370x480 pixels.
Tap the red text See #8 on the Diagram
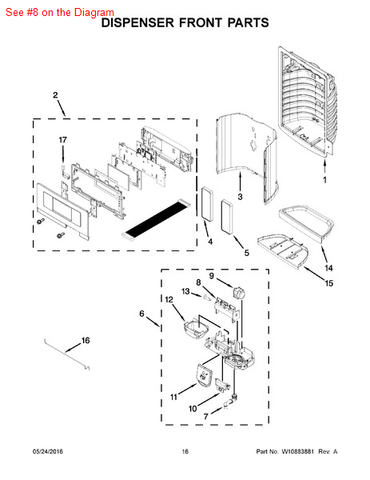[x=60, y=13]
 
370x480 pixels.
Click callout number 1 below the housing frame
[x=324, y=180]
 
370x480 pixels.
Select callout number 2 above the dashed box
[x=55, y=95]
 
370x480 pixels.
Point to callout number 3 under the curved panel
[x=240, y=197]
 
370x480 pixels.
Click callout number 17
[x=62, y=140]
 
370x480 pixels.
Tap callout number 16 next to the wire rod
[x=86, y=341]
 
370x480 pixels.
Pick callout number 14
[x=328, y=268]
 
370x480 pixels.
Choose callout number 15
[x=328, y=283]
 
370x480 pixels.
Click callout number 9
[x=212, y=276]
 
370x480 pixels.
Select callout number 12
[x=169, y=299]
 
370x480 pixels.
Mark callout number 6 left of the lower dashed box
[x=141, y=314]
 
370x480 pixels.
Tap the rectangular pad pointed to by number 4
[x=207, y=203]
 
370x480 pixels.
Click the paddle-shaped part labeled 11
[x=203, y=374]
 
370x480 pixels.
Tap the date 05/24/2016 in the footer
[x=48, y=451]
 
